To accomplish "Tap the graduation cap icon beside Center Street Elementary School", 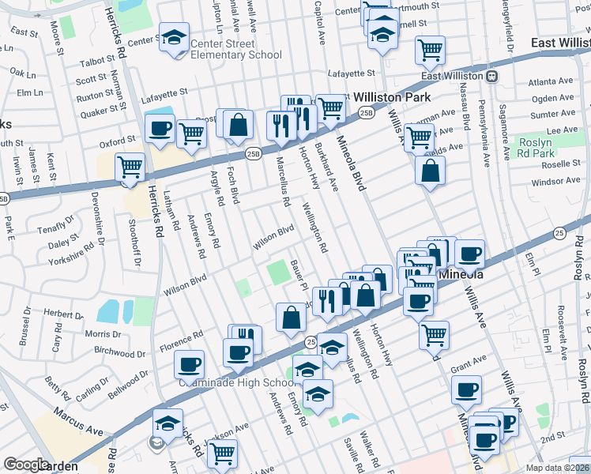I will pos(174,36).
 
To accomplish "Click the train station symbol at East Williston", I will pos(491,76).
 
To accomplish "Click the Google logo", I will pos(27,465).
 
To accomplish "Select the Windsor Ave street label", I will pos(555,182).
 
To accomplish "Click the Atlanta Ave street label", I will pos(551,81).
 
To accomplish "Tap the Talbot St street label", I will pos(96,60).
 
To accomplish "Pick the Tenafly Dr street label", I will pos(55,229).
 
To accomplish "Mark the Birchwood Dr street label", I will pos(115,349).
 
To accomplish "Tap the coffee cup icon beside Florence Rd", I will pos(189,364).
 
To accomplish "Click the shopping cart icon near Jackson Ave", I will pos(223,453).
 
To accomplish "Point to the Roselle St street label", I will pos(560,164).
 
